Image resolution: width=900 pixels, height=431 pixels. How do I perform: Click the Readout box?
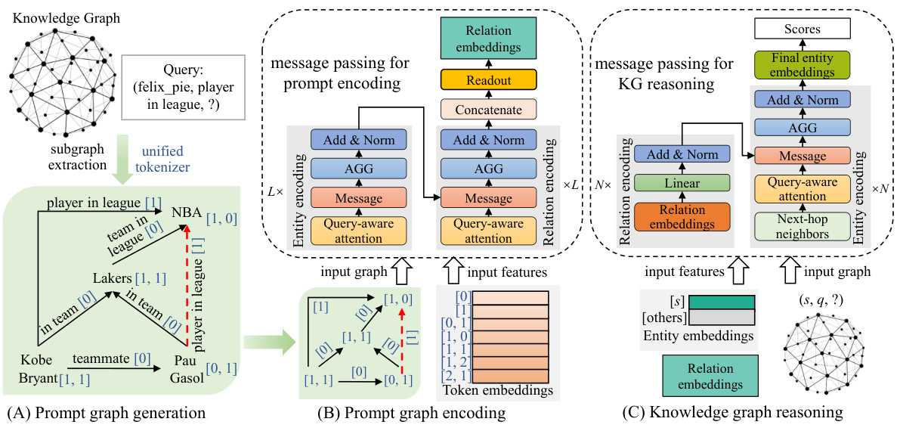pos(488,80)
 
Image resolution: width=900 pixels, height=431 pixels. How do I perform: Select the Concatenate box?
pos(488,110)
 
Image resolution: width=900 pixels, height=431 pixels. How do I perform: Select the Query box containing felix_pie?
pos(183,88)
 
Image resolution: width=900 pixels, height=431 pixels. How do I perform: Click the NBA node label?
pos(187,214)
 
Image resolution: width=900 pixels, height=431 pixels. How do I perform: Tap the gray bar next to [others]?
pos(720,318)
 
